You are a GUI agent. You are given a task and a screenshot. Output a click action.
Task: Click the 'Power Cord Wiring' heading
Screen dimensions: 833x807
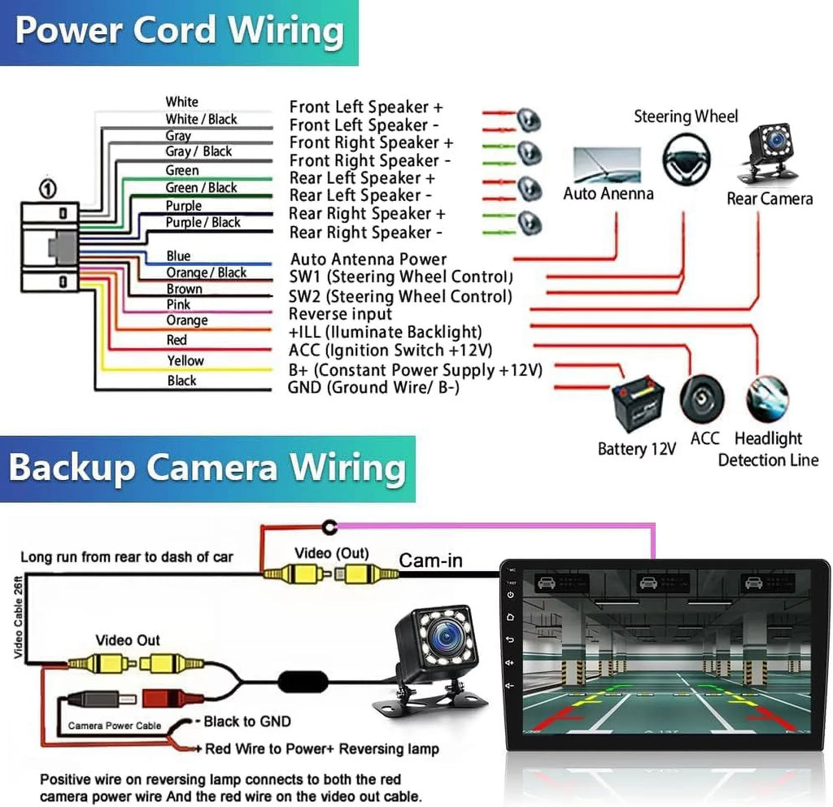[180, 30]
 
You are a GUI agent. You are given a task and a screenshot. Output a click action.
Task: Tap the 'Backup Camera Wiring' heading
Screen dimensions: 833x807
[207, 468]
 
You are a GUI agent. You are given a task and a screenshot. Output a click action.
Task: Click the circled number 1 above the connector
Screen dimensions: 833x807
[48, 189]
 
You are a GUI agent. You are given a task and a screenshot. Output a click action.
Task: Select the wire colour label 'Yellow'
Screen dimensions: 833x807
[185, 360]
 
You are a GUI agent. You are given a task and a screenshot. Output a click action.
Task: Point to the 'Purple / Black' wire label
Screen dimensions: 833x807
[203, 222]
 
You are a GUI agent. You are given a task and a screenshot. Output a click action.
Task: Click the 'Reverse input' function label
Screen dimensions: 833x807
[340, 314]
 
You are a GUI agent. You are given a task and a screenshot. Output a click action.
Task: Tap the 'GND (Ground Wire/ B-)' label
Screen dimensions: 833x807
[373, 387]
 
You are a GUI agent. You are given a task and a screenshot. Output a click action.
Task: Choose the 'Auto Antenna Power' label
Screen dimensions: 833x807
[369, 260]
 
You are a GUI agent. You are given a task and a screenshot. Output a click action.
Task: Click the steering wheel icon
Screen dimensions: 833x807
[687, 159]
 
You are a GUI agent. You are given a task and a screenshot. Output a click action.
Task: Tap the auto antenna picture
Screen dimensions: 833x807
[607, 165]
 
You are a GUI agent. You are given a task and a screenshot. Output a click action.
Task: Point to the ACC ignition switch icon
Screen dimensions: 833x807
[702, 399]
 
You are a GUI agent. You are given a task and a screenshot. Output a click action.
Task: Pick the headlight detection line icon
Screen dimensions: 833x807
[767, 399]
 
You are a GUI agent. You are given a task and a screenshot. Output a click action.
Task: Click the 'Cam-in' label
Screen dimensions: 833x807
[431, 561]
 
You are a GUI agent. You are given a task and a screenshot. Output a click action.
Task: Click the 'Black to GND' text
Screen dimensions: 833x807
[247, 721]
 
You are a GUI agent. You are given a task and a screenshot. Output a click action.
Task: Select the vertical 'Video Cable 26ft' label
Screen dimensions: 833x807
[18, 617]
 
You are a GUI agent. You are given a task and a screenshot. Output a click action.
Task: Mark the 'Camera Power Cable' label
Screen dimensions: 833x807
[114, 726]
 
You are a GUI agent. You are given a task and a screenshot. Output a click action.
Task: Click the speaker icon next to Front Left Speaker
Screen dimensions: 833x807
[529, 120]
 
